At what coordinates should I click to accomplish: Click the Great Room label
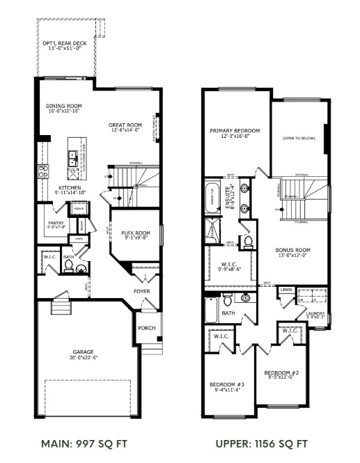125,125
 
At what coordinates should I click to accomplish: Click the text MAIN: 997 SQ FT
84,443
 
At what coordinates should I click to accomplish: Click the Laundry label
315,314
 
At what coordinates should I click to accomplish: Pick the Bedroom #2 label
281,374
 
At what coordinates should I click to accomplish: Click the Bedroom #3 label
227,385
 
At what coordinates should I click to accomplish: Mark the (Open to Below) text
299,139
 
